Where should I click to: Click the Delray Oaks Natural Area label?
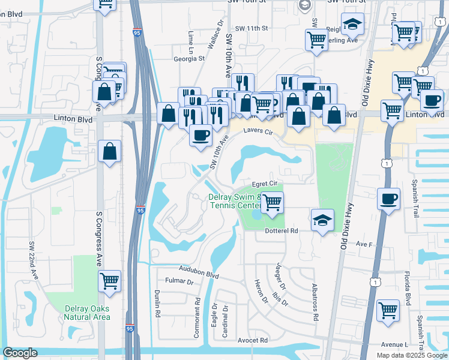[88, 313]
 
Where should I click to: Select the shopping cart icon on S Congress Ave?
[109, 280]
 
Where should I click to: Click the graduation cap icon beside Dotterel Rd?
[322, 220]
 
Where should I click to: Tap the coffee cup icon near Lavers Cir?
[200, 134]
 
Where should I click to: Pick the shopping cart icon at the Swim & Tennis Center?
[272, 203]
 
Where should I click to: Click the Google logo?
[20, 353]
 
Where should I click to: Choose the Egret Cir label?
[264, 183]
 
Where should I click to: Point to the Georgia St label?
[189, 59]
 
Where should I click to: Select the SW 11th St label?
[251, 28]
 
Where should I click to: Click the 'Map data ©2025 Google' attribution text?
[411, 355]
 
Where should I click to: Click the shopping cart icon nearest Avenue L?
[388, 311]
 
